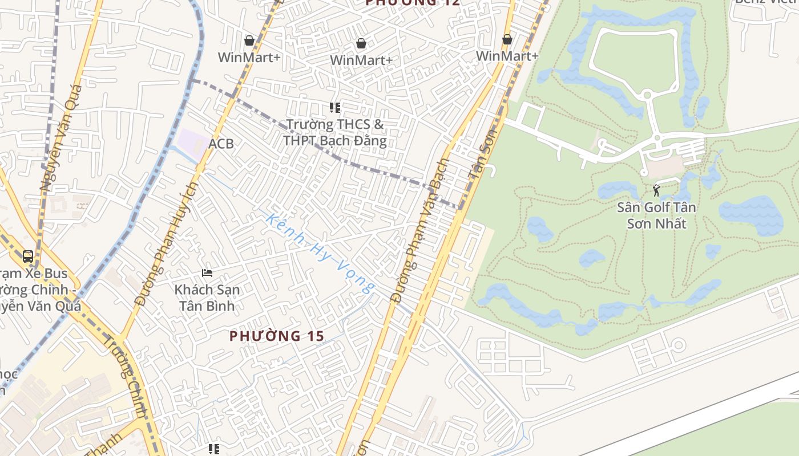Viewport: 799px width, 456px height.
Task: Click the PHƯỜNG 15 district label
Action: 277,336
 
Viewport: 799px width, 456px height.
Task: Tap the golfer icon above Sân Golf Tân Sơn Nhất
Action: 656,190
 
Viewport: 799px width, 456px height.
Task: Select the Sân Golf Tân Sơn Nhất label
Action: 656,215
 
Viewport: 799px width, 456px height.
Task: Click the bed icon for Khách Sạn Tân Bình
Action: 207,274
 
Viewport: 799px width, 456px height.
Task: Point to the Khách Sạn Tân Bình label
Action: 207,297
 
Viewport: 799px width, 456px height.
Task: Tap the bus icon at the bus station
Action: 28,256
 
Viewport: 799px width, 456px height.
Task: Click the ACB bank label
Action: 221,144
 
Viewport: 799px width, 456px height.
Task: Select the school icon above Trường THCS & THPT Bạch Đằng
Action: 335,107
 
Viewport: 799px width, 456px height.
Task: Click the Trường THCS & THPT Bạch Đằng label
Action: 335,132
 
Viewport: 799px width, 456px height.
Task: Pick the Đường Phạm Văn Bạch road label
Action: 421,231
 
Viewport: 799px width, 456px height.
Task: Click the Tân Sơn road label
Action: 483,154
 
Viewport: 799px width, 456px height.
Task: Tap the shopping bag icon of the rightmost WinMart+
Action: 507,40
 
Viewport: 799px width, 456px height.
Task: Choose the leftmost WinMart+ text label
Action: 249,57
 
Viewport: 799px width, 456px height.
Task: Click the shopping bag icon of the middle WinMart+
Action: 361,43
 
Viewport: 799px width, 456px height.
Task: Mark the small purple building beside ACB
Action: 193,141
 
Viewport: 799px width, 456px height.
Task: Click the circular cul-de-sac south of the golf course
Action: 679,345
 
